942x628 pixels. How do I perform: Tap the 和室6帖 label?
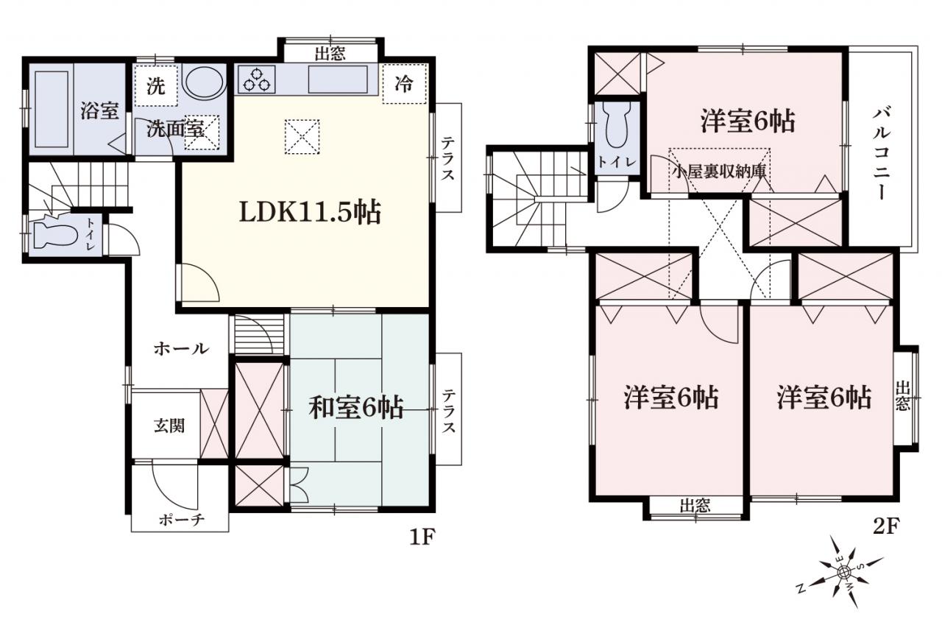[356, 408]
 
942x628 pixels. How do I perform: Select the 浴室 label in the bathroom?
[99, 110]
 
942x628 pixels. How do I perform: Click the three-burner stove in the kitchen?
[257, 80]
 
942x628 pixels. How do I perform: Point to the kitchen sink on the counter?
[338, 80]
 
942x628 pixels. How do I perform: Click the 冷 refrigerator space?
[404, 84]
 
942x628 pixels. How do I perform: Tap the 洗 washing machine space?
[156, 86]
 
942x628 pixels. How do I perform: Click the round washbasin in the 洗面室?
[204, 82]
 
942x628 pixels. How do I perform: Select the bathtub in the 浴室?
[52, 109]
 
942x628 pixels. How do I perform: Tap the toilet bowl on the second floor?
[616, 125]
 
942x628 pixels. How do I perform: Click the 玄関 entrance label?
[169, 426]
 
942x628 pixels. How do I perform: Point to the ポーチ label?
[182, 521]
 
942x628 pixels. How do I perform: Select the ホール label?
[181, 349]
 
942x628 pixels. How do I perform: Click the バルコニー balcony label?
[882, 154]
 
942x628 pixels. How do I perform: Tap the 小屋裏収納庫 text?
[719, 172]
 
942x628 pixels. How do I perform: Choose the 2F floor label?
[886, 526]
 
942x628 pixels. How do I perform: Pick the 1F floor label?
[422, 537]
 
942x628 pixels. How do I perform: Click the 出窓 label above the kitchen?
[330, 54]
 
